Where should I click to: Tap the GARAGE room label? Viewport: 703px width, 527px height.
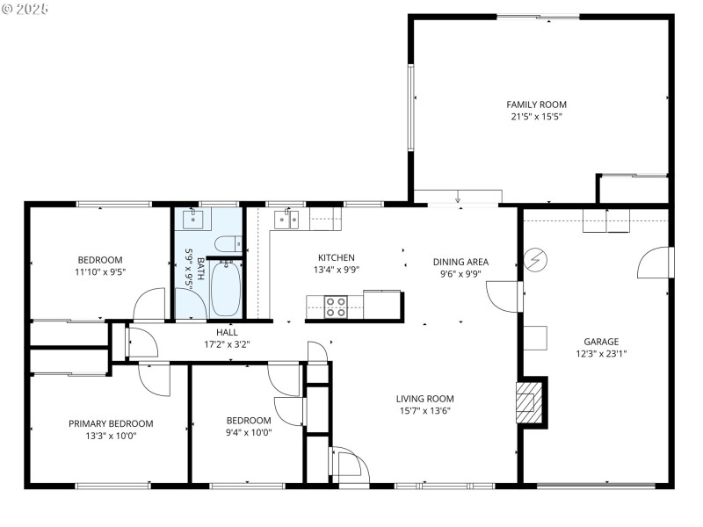point(601,342)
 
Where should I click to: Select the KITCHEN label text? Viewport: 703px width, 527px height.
point(336,257)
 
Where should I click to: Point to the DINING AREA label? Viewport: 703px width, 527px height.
point(460,262)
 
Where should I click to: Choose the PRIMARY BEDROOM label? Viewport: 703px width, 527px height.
point(111,423)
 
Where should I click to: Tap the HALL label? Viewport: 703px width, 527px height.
point(227,332)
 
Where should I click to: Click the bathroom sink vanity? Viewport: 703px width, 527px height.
point(190,219)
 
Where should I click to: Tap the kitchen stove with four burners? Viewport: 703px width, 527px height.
point(336,306)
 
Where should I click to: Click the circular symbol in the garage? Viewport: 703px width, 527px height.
point(533,261)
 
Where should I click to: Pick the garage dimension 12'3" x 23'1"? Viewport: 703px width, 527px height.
point(601,354)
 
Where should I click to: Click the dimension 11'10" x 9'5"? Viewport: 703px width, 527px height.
point(100,272)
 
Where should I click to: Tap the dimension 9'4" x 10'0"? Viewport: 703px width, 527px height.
point(249,432)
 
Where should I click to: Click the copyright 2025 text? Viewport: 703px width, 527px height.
point(26,8)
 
